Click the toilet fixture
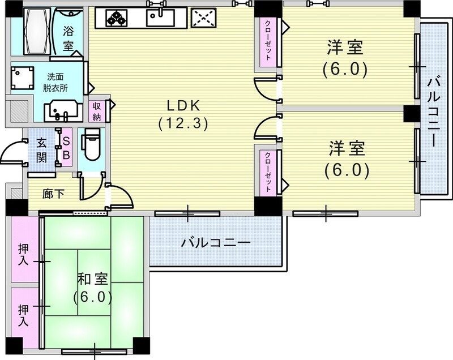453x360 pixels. [91, 144]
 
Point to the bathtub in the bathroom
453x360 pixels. [37, 31]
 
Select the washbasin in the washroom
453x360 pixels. [62, 109]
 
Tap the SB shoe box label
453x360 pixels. [66, 148]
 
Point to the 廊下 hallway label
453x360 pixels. [53, 194]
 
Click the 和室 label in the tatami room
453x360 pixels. [92, 287]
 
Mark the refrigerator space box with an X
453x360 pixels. [204, 18]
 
